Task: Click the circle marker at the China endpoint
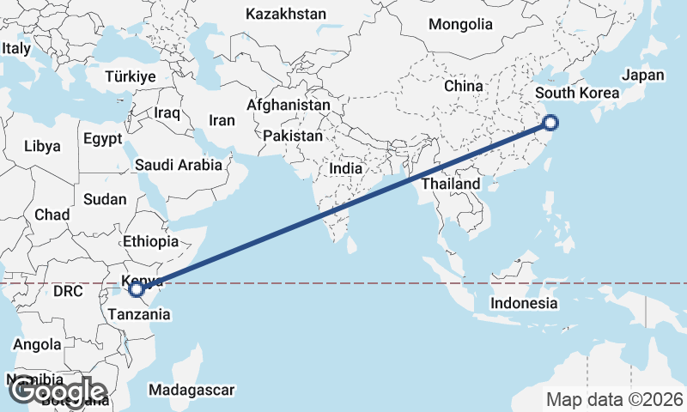pyautogui.click(x=550, y=124)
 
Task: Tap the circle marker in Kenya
pyautogui.click(x=137, y=289)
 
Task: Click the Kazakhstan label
pyautogui.click(x=286, y=14)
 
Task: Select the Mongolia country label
pyautogui.click(x=460, y=24)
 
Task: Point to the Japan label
pyautogui.click(x=643, y=75)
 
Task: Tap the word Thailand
pyautogui.click(x=451, y=184)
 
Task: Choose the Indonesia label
pyautogui.click(x=524, y=303)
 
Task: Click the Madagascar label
pyautogui.click(x=191, y=391)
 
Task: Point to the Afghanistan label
pyautogui.click(x=288, y=105)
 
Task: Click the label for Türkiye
pyautogui.click(x=130, y=76)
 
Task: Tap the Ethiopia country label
pyautogui.click(x=150, y=242)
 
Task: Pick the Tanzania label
pyautogui.click(x=139, y=314)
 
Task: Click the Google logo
pyautogui.click(x=57, y=391)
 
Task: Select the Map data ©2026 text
pyautogui.click(x=615, y=399)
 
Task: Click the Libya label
pyautogui.click(x=42, y=146)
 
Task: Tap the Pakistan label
pyautogui.click(x=293, y=136)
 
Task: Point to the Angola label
pyautogui.click(x=37, y=344)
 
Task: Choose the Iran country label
pyautogui.click(x=222, y=121)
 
